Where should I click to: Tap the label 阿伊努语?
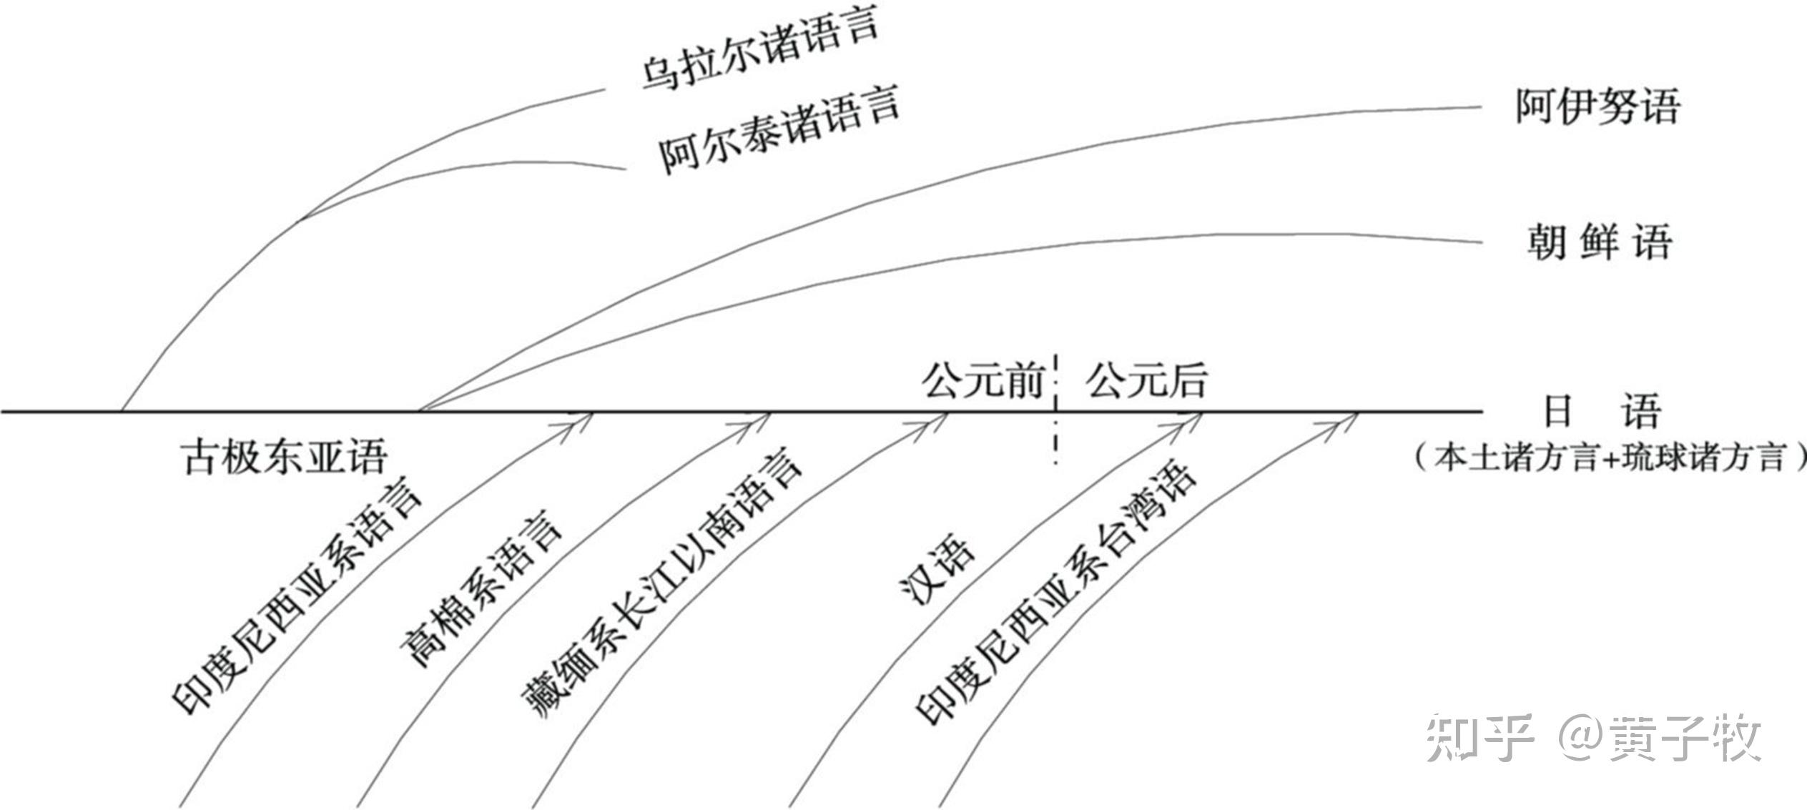1597,108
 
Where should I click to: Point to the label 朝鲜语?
1600,242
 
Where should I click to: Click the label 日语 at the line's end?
1600,410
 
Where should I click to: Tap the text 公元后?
1146,380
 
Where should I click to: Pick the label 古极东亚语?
285,456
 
